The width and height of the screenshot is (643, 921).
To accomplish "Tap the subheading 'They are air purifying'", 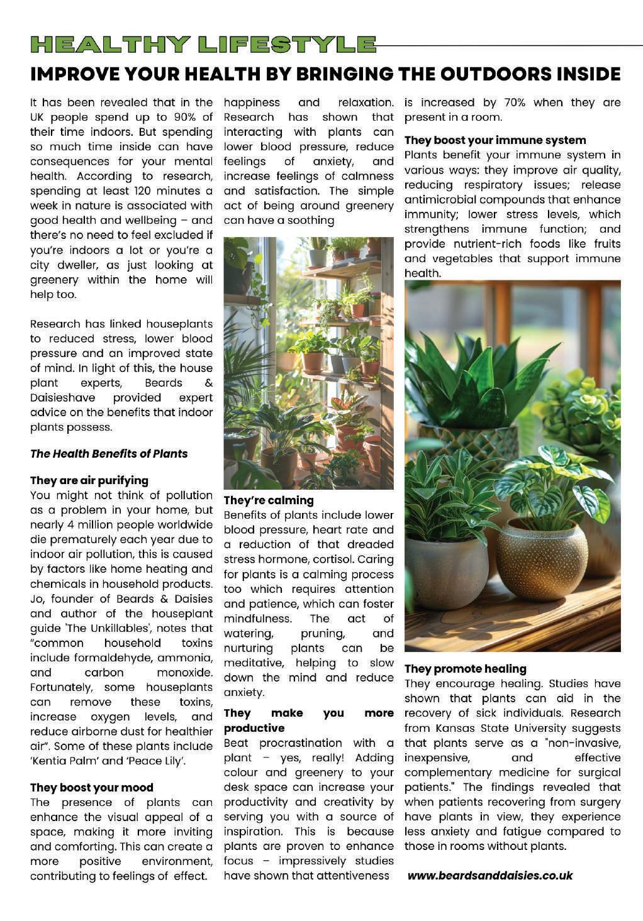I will [89, 480].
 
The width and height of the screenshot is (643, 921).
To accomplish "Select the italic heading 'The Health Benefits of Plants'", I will [109, 453].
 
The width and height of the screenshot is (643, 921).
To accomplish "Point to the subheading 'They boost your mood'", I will [92, 787].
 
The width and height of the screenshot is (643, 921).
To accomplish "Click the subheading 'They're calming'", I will [269, 500].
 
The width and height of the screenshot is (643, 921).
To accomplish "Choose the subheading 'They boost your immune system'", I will [495, 140].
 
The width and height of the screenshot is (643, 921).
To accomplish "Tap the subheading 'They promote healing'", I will [466, 668].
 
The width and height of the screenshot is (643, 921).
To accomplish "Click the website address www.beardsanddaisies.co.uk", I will [490, 875].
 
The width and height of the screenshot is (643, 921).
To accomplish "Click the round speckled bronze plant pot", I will [541, 560].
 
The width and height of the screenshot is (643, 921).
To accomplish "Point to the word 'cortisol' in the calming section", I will [372, 559].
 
